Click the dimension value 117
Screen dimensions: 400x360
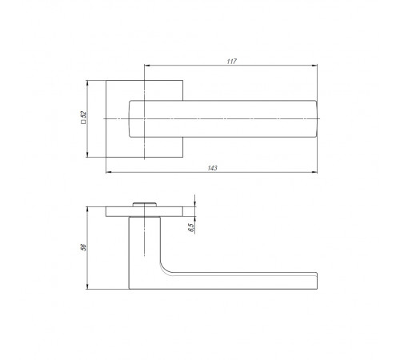click(231, 62)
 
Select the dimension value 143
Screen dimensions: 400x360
click(212, 168)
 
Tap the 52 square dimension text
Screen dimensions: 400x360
click(83, 114)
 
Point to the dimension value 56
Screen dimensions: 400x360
click(83, 247)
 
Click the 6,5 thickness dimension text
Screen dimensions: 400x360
click(191, 227)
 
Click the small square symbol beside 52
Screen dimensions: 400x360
click(83, 122)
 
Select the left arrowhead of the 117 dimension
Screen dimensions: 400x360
click(147, 66)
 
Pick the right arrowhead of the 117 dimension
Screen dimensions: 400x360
click(314, 66)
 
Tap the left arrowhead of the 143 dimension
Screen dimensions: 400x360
click(109, 172)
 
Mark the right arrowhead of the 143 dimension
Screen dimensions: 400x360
click(314, 172)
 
